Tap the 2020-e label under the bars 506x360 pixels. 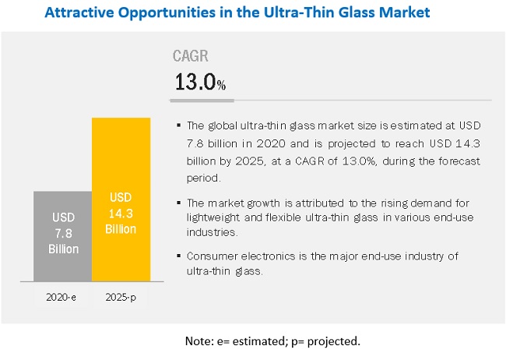click(x=62, y=297)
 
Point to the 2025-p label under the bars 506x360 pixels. click(x=121, y=297)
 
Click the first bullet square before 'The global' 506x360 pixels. click(x=179, y=125)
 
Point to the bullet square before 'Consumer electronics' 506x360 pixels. click(x=179, y=255)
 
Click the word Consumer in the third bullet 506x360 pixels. click(x=211, y=255)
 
